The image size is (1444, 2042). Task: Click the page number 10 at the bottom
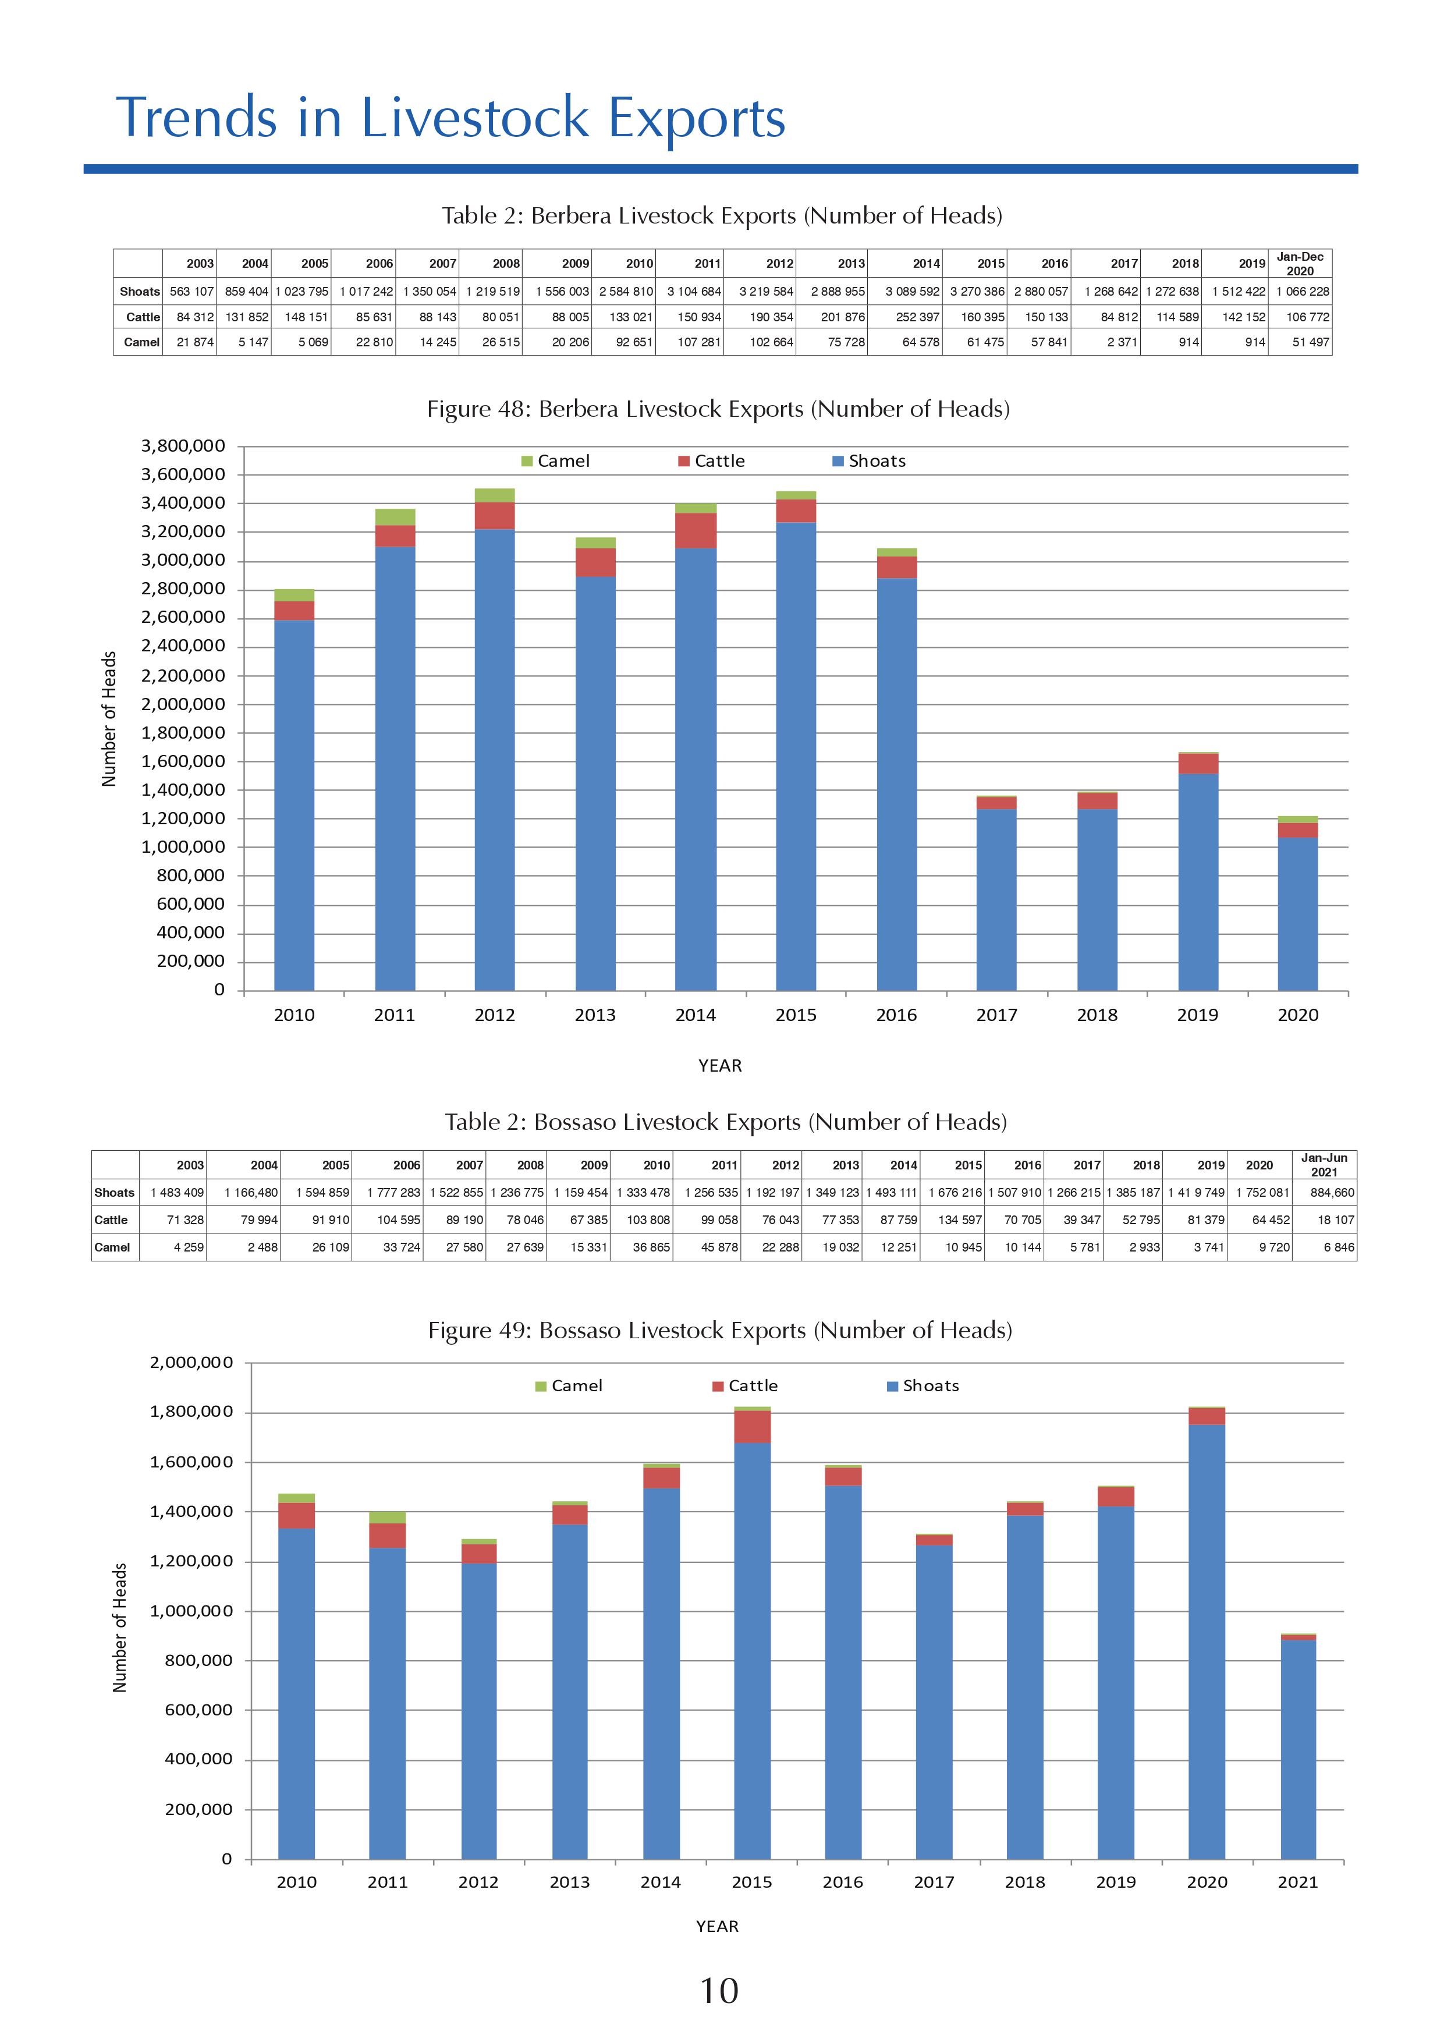pos(719,1990)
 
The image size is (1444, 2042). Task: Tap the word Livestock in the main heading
pos(475,118)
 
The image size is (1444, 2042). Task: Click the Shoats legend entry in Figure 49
pos(923,1385)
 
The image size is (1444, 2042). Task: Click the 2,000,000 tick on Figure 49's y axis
pos(190,1363)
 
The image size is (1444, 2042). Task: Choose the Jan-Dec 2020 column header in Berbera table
pos(1300,263)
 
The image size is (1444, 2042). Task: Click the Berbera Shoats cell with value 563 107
pos(191,292)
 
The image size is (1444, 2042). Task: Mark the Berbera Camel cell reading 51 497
pos(1310,342)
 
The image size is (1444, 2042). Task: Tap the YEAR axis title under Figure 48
pos(719,1065)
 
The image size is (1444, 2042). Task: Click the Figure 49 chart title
pos(719,1331)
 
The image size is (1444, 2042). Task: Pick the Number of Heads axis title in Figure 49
pos(120,1628)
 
